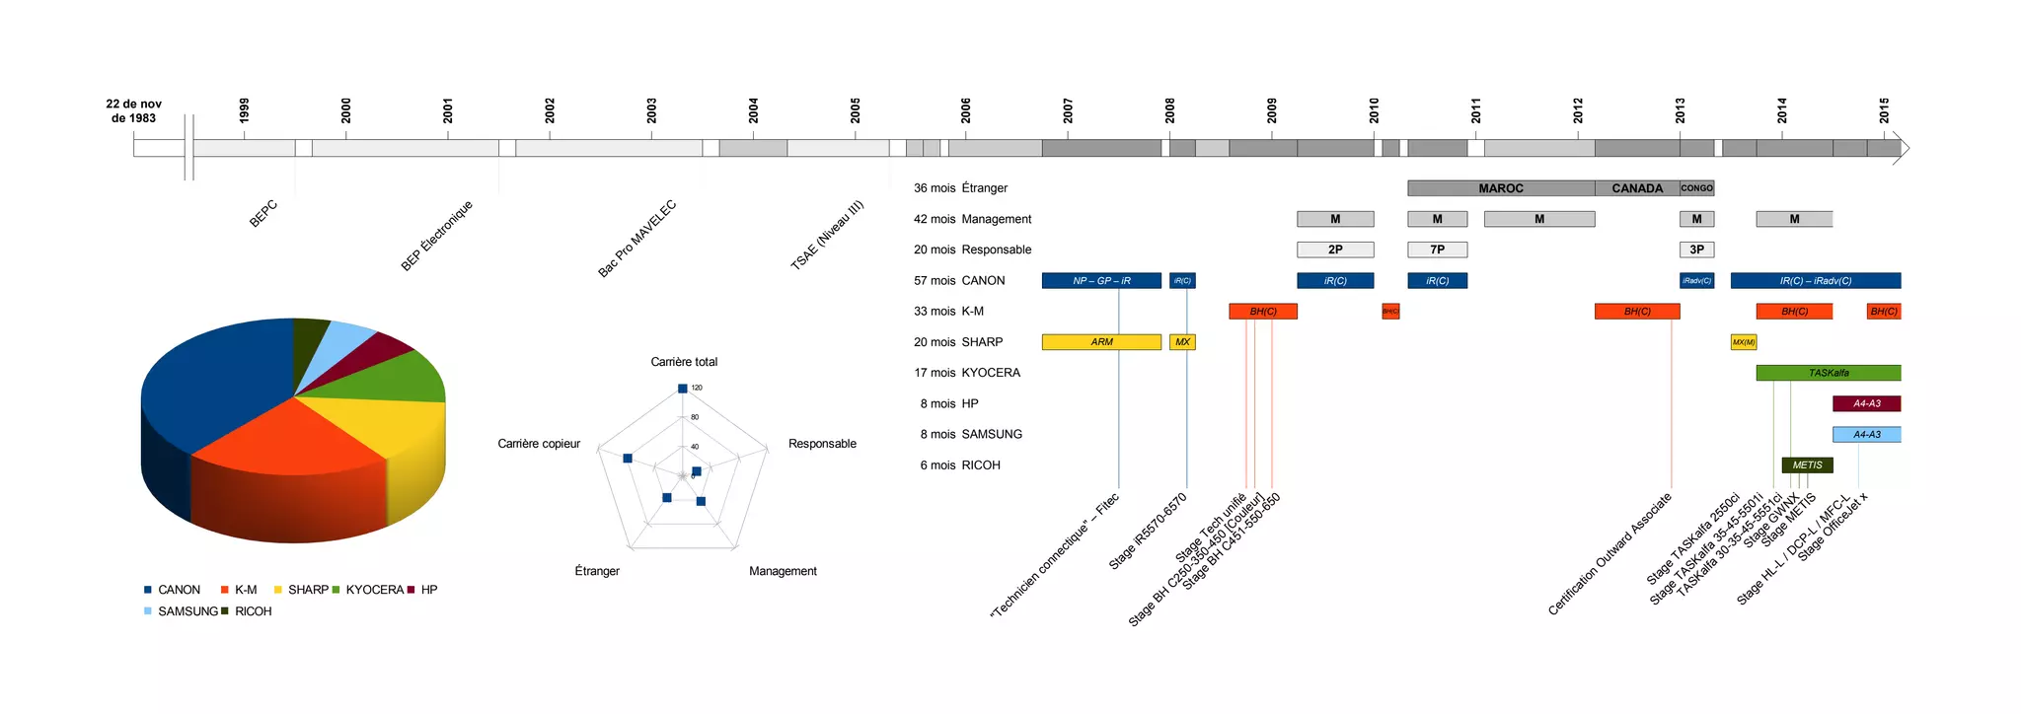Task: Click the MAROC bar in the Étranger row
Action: coord(1500,188)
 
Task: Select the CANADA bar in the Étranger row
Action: coord(1636,188)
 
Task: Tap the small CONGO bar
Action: coord(1696,188)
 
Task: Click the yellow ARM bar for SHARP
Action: coord(1101,342)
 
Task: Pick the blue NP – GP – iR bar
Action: coord(1101,281)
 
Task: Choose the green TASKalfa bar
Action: coord(1828,373)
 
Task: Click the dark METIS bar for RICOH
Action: coord(1807,465)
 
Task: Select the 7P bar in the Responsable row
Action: coord(1437,250)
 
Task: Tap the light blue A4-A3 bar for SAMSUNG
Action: coord(1866,435)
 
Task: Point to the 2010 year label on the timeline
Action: coord(1374,109)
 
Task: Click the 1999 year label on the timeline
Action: coord(244,109)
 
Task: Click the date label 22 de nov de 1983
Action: coord(134,110)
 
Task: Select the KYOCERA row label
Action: coord(991,373)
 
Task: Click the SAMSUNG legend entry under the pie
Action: coord(187,611)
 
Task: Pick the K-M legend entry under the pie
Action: coord(245,590)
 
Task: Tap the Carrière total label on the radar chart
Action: coord(684,362)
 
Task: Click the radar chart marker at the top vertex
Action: coord(683,389)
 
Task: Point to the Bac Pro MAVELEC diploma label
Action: coord(637,239)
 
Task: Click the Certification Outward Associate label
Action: coord(1610,554)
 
